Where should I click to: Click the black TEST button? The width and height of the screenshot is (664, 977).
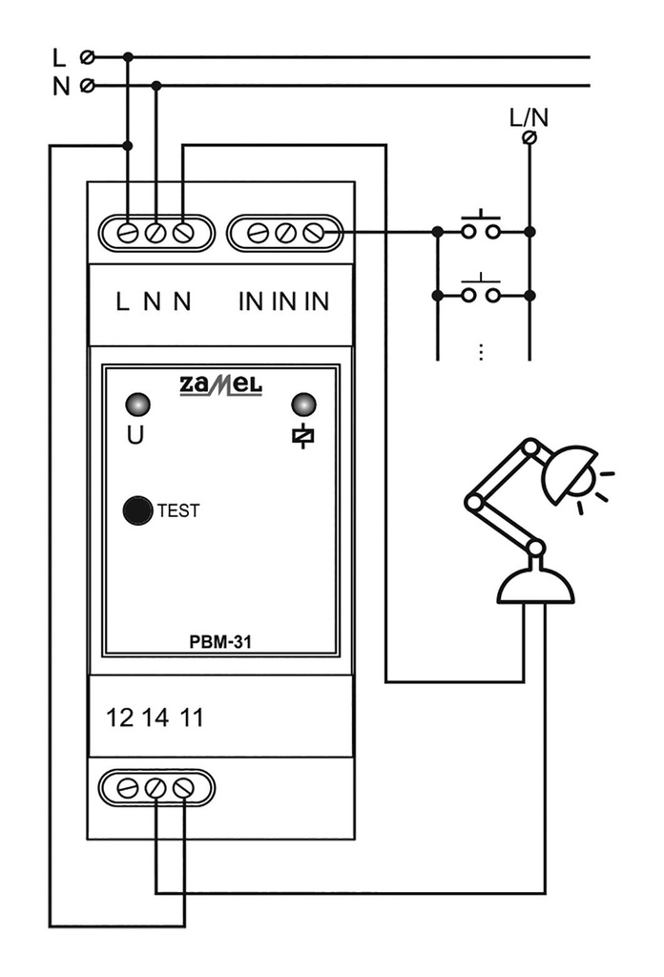pos(138,510)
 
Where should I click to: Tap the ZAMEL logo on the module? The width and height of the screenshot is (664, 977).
pos(220,385)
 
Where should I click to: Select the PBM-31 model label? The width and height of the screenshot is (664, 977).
pos(220,642)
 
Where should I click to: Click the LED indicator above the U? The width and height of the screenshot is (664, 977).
pos(138,405)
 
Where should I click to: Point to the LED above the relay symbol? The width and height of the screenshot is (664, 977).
pos(303,405)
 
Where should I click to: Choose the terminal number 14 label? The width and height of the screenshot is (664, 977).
pos(155,717)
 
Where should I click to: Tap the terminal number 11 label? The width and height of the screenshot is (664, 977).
pos(191,717)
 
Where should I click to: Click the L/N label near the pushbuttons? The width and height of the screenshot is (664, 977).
pos(529,118)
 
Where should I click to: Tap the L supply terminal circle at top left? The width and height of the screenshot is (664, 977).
pos(89,57)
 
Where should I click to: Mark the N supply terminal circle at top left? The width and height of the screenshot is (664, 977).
pos(89,86)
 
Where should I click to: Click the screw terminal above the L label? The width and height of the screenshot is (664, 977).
pos(127,232)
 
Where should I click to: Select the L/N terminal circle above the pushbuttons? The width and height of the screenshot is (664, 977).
pos(530,138)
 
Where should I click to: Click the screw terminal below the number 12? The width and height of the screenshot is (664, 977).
pos(127,788)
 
